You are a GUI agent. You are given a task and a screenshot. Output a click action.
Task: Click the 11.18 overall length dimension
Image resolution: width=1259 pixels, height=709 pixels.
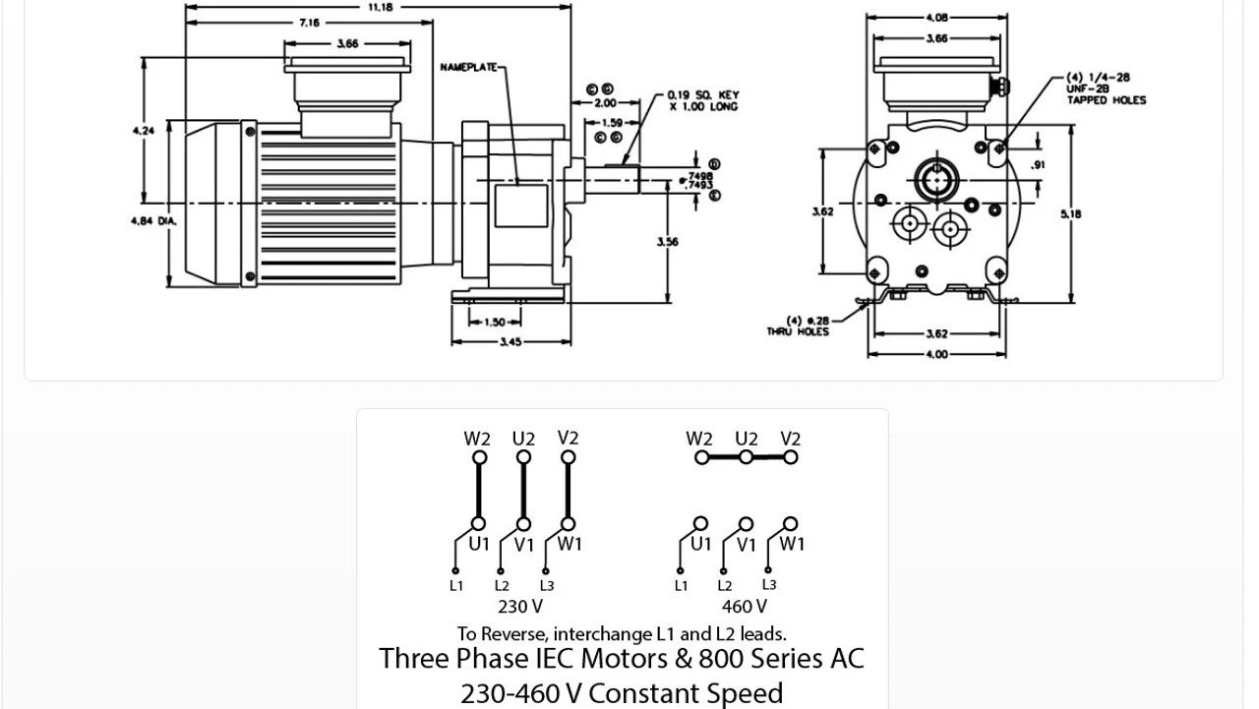(x=380, y=7)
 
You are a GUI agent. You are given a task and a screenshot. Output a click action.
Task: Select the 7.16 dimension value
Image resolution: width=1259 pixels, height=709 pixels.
(x=309, y=23)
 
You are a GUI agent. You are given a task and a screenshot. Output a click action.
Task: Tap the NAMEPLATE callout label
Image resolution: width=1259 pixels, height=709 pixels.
(x=468, y=68)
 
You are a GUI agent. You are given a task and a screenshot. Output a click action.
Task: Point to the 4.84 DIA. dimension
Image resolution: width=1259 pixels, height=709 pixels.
(x=153, y=221)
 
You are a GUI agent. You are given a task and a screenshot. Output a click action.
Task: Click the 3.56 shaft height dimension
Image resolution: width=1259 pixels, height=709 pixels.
(x=667, y=242)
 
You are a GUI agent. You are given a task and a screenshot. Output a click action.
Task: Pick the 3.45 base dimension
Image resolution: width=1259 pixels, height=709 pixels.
(x=510, y=342)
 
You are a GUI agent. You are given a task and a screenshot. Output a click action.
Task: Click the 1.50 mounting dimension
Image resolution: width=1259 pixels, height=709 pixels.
(x=495, y=322)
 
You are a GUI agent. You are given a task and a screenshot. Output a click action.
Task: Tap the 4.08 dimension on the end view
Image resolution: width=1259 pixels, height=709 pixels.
(x=936, y=17)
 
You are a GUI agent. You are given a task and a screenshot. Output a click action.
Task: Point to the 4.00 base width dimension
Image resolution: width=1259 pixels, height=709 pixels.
(x=936, y=354)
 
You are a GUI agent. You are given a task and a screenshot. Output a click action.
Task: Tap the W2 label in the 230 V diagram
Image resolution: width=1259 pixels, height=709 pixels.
(x=477, y=439)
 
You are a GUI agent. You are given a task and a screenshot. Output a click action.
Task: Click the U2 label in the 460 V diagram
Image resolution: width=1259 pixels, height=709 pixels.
(x=747, y=439)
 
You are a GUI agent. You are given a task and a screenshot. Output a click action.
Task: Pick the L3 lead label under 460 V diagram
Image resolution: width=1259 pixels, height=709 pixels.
(x=769, y=584)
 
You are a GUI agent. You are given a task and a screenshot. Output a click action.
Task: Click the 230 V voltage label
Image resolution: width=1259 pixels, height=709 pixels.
(x=520, y=607)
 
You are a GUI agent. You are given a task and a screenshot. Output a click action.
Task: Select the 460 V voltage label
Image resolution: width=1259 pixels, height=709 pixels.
(x=745, y=607)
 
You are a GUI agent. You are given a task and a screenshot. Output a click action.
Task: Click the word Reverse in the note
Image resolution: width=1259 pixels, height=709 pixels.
(x=514, y=634)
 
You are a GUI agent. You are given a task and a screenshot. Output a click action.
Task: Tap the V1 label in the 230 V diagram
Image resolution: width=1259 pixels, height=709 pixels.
(x=524, y=545)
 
